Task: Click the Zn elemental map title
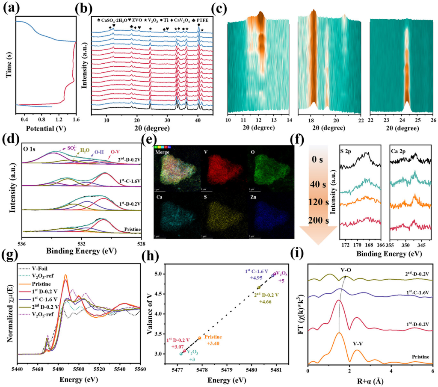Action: click(x=253, y=194)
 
